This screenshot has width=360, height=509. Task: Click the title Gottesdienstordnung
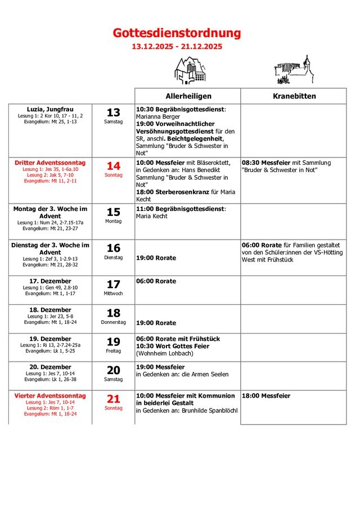click(177, 33)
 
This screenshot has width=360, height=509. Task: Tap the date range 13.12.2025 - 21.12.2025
click(177, 47)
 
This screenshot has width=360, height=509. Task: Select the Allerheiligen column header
click(188, 96)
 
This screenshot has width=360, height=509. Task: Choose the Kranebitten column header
click(294, 96)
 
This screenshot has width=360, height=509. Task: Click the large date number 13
click(114, 112)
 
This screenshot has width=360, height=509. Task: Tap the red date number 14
click(114, 166)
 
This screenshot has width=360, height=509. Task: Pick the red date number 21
click(114, 399)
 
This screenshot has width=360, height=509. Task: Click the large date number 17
click(114, 285)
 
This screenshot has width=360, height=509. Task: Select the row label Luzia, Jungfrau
click(50, 109)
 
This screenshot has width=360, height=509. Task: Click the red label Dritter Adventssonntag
click(50, 162)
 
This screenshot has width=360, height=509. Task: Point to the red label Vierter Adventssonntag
click(50, 395)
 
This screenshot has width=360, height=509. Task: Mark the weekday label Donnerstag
click(114, 322)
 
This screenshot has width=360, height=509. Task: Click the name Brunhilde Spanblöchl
click(210, 410)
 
